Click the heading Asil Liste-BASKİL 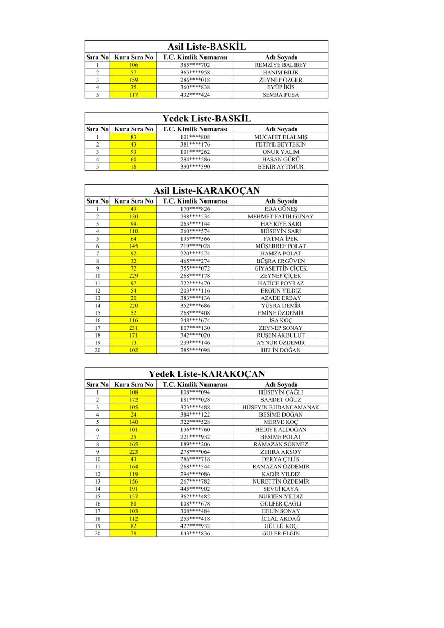coord(207,47)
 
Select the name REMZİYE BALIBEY coord(281,65)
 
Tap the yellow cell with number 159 coord(133,80)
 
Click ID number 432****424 coord(195,95)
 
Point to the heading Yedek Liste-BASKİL coord(207,119)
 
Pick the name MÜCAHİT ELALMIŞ coord(281,137)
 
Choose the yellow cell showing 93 coord(133,152)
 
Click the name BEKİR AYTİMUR coord(281,167)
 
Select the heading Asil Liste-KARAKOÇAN coord(207,190)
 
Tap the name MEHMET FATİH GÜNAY coord(281,217)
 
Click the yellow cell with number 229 coord(133,276)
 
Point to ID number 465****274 coord(195,261)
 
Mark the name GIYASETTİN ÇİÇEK coord(281,268)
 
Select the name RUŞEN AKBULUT coord(281,335)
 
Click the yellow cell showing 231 coord(133,328)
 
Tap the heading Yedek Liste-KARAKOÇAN coord(207,374)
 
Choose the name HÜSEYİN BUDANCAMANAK coord(281,407)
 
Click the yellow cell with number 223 coord(133,452)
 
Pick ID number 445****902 coord(195,489)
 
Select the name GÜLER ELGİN coord(281,534)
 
